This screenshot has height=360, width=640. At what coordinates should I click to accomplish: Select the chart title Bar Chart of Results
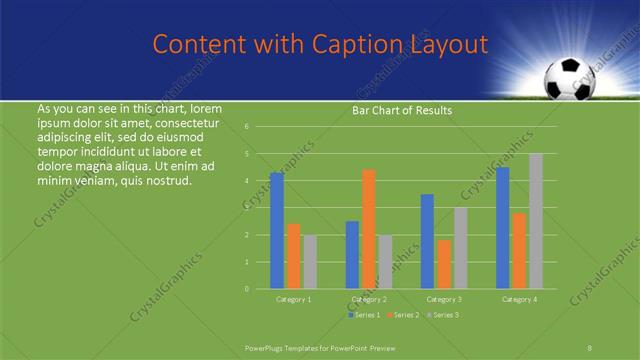click(401, 110)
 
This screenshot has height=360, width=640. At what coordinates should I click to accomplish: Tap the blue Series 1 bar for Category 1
click(277, 231)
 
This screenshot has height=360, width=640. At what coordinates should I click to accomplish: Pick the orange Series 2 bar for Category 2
click(369, 229)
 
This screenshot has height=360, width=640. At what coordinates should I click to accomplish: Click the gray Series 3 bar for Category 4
click(536, 221)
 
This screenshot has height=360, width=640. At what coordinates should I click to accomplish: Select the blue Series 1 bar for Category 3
click(427, 241)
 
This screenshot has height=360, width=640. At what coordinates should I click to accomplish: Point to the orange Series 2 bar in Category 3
click(444, 264)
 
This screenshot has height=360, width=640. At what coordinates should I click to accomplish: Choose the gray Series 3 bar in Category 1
click(310, 262)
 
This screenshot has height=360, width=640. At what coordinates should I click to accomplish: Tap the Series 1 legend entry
click(365, 315)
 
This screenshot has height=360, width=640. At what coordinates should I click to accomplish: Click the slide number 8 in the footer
click(590, 348)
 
